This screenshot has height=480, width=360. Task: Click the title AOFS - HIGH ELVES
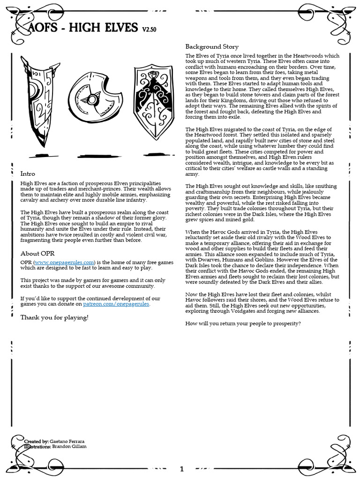click(80, 28)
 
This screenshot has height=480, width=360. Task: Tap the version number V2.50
click(150, 30)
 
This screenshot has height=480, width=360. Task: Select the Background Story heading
click(212, 46)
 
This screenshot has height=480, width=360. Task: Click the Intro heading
click(28, 173)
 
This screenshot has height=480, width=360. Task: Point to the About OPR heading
click(37, 253)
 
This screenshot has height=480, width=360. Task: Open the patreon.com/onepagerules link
click(116, 304)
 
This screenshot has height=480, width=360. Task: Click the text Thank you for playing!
click(54, 317)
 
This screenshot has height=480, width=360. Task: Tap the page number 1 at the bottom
click(182, 469)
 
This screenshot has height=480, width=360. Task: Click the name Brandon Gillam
click(73, 447)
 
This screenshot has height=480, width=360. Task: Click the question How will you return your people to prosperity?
click(243, 324)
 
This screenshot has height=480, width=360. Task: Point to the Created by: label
click(36, 442)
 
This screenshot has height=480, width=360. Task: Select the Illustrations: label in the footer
click(37, 447)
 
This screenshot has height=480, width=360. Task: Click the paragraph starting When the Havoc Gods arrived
click(261, 256)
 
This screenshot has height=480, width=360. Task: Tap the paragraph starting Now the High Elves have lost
click(261, 302)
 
